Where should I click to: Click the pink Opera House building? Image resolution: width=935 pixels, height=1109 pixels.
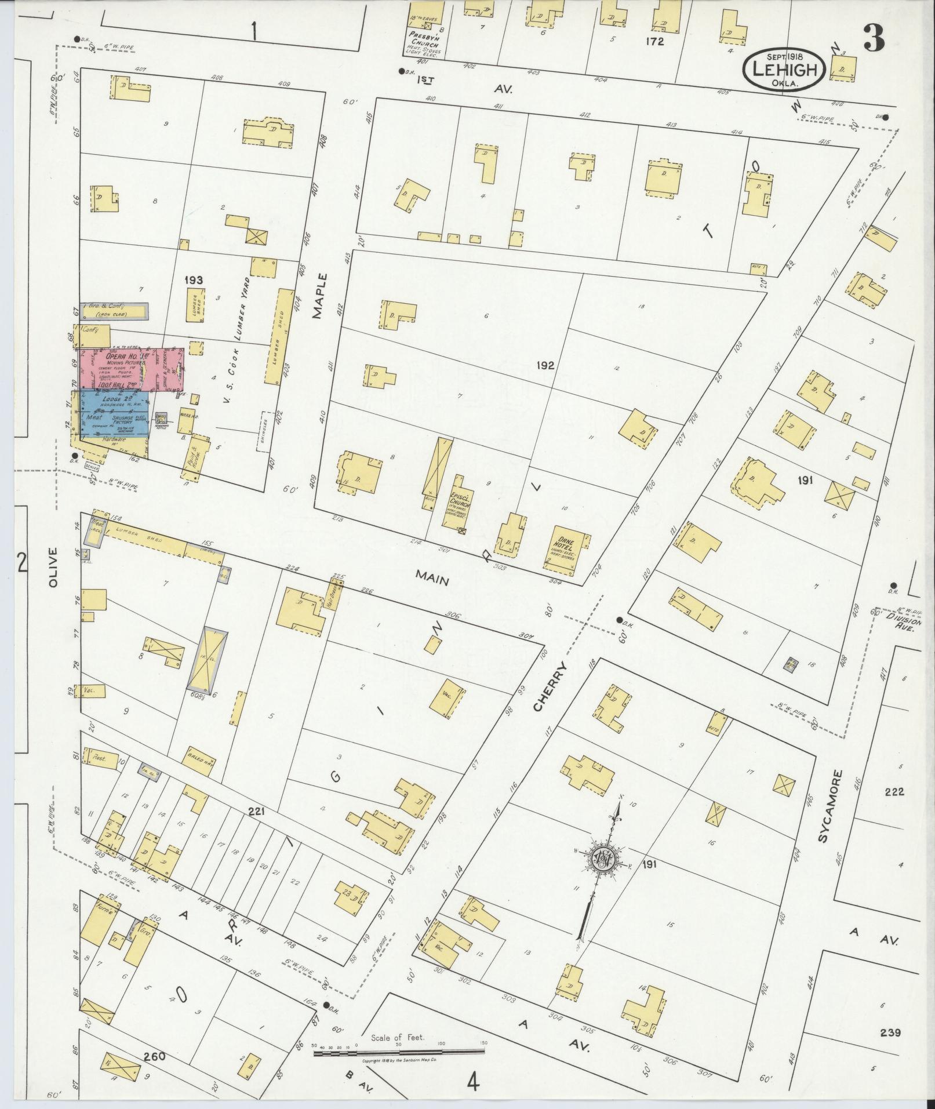[130, 369]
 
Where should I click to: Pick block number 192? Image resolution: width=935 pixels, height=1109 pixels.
[545, 366]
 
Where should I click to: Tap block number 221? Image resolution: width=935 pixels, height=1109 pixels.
[256, 812]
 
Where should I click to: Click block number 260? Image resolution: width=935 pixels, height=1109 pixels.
[155, 1056]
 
